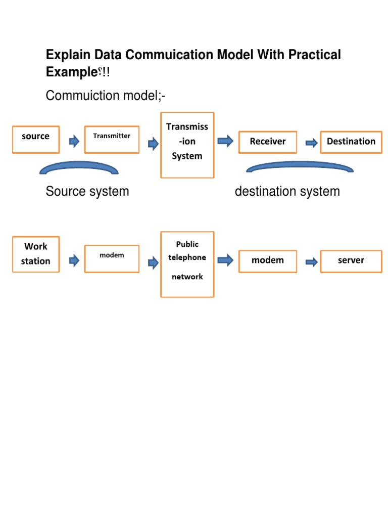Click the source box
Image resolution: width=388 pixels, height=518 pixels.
(x=36, y=140)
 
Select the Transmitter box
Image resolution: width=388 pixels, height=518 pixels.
(x=112, y=140)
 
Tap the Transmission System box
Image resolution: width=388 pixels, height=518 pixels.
(x=187, y=145)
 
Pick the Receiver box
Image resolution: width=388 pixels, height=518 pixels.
(x=268, y=142)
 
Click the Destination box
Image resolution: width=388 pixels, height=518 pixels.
(x=351, y=142)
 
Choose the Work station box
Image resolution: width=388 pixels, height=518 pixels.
(x=36, y=254)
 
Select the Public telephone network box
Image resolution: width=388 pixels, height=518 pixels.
(x=187, y=264)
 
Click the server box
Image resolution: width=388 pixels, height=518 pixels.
(x=351, y=261)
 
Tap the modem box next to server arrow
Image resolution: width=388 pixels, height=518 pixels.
(x=268, y=261)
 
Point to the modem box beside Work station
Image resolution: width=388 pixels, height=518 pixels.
(x=112, y=258)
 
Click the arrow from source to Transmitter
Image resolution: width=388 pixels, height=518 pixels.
(x=74, y=142)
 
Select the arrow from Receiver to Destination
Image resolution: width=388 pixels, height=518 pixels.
(x=312, y=144)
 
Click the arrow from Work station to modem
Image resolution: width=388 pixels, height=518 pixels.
(x=74, y=261)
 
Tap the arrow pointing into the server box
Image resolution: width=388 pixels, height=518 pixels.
(x=312, y=262)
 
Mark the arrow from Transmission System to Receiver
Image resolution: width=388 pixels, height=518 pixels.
(x=225, y=141)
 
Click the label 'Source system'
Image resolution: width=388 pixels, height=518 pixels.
(x=87, y=192)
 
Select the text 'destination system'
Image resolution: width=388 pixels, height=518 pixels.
(x=287, y=192)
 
